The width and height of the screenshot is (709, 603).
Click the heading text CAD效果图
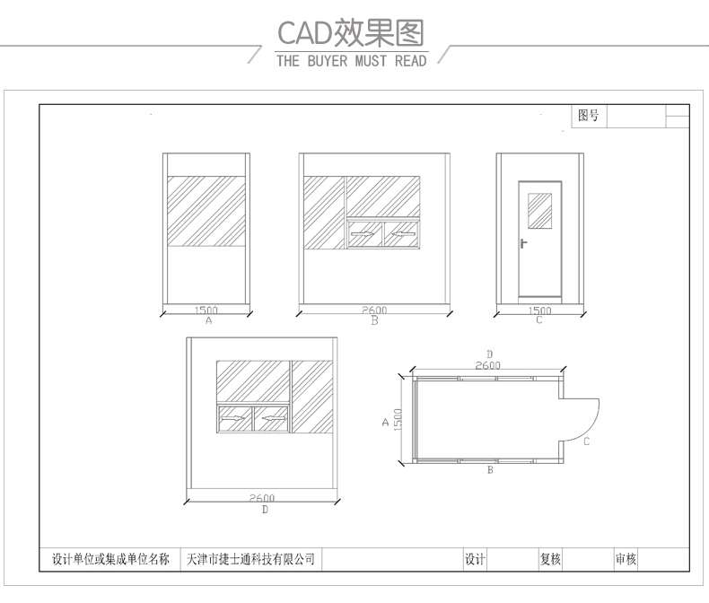pyautogui.click(x=350, y=33)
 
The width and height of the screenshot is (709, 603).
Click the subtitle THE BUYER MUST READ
pyautogui.click(x=351, y=62)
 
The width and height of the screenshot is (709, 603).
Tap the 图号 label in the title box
pyautogui.click(x=589, y=116)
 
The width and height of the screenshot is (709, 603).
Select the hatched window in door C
pyautogui.click(x=539, y=210)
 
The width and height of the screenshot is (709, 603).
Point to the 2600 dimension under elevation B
pyautogui.click(x=375, y=310)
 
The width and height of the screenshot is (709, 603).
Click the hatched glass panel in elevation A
pyautogui.click(x=207, y=212)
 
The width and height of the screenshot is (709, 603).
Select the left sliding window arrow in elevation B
pyautogui.click(x=364, y=235)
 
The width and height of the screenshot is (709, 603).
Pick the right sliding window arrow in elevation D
pyautogui.click(x=271, y=418)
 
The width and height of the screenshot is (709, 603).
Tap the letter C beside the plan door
pyautogui.click(x=585, y=441)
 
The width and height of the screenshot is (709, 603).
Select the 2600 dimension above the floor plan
pyautogui.click(x=488, y=365)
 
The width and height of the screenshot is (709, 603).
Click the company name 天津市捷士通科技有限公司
pyautogui.click(x=249, y=559)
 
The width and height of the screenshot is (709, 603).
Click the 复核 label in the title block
pyautogui.click(x=550, y=559)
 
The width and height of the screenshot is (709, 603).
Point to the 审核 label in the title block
pyautogui.click(x=626, y=559)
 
